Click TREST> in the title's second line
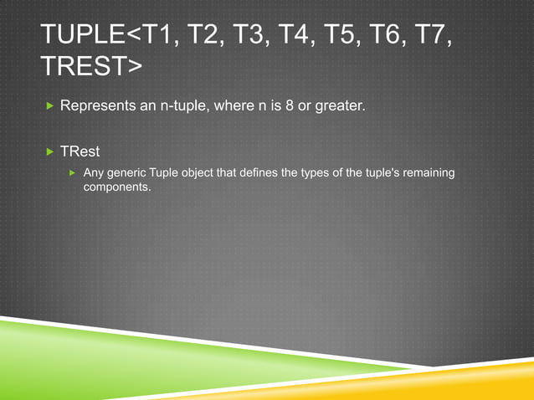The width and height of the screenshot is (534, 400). (92, 68)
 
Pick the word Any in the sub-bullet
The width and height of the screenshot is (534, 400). (95, 172)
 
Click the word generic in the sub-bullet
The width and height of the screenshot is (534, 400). (127, 172)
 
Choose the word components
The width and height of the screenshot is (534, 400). (117, 187)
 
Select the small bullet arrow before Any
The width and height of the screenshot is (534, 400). (73, 172)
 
